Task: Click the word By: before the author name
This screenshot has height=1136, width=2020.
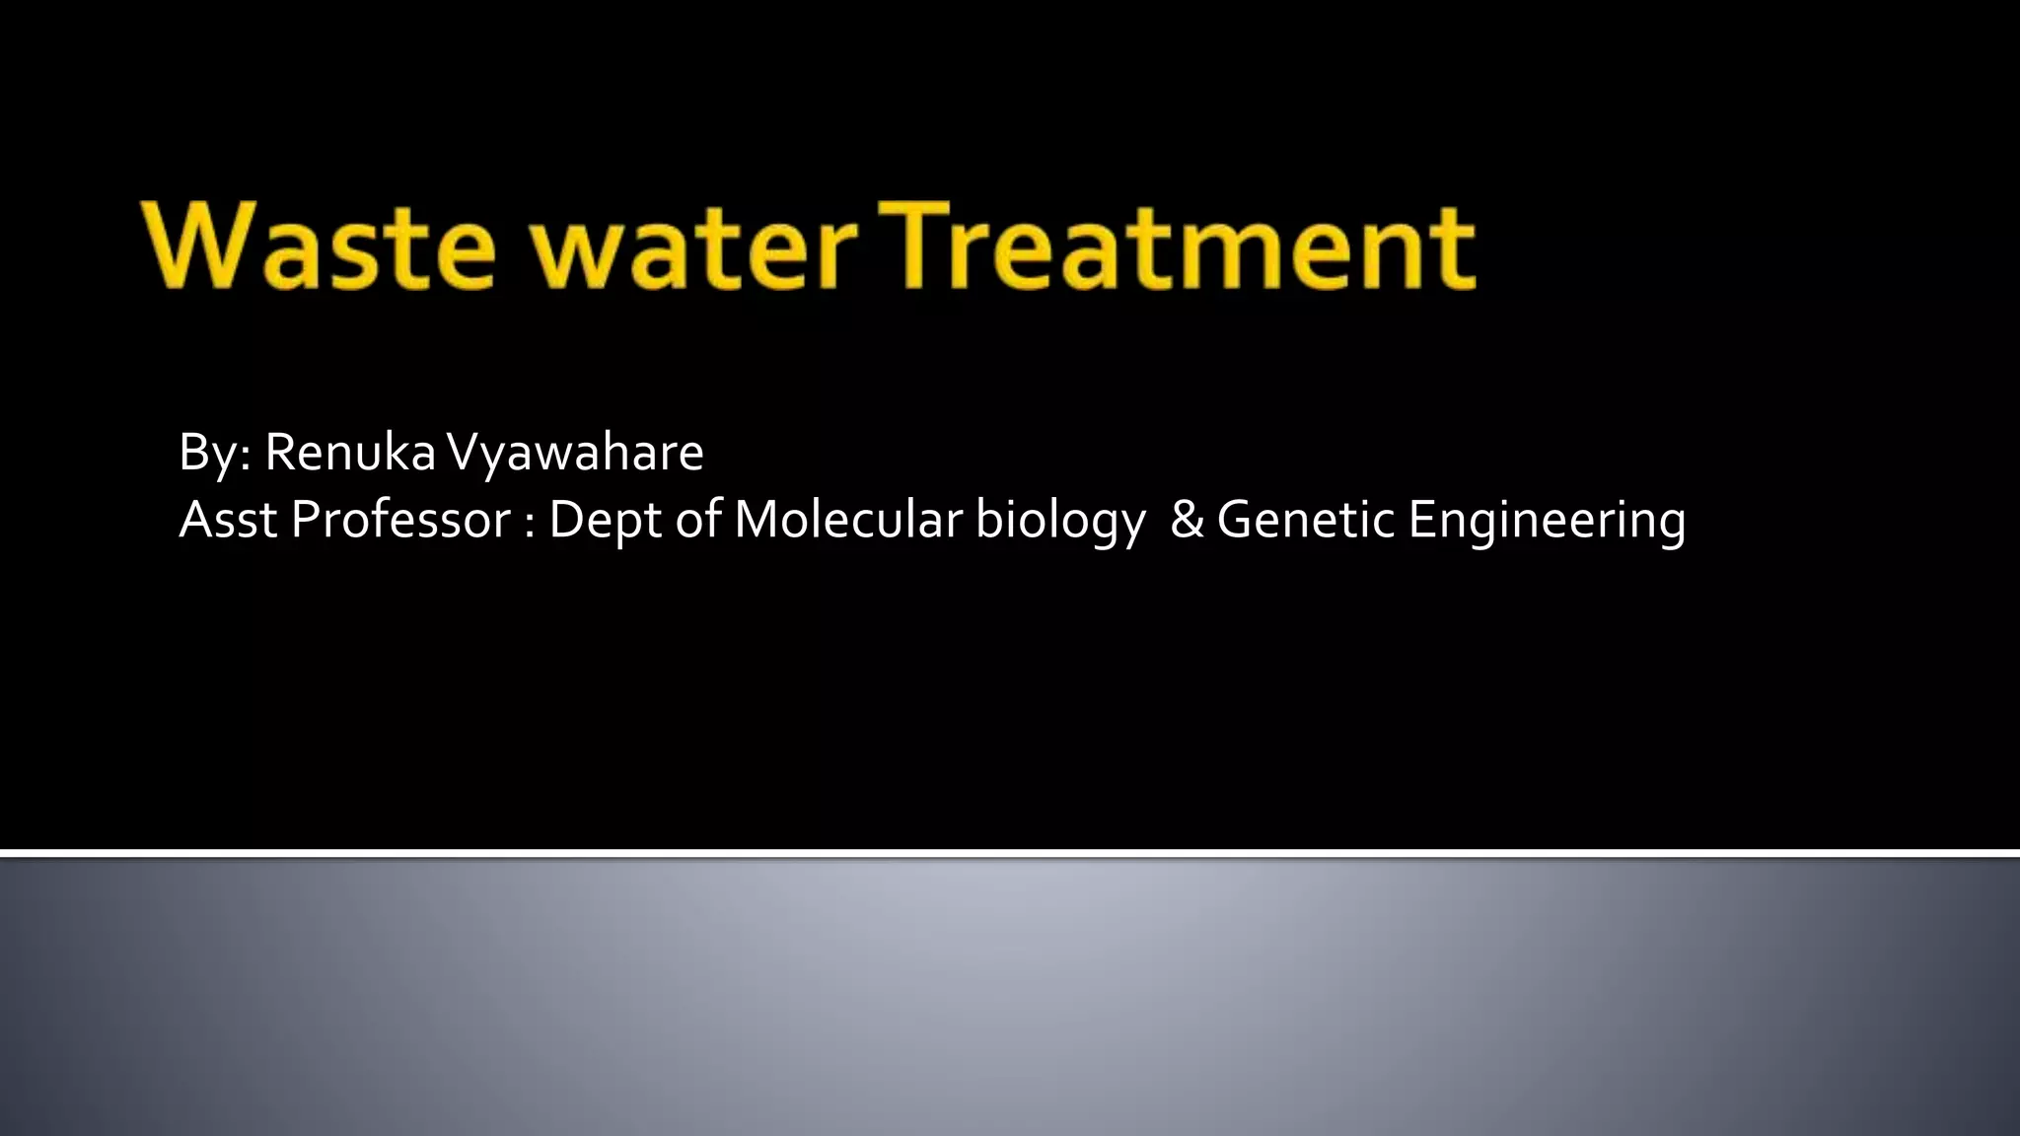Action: tap(215, 454)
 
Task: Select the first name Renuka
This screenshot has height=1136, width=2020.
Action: tap(350, 453)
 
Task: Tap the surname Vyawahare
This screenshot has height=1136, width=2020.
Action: tap(575, 453)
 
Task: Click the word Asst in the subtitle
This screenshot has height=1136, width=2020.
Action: tap(228, 520)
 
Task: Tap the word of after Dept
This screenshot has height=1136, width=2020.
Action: tap(697, 520)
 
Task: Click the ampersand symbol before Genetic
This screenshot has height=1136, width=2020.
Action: tap(1187, 520)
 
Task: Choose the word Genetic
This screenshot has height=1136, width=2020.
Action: tap(1306, 520)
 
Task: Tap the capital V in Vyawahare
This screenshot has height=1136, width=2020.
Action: tap(464, 453)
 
